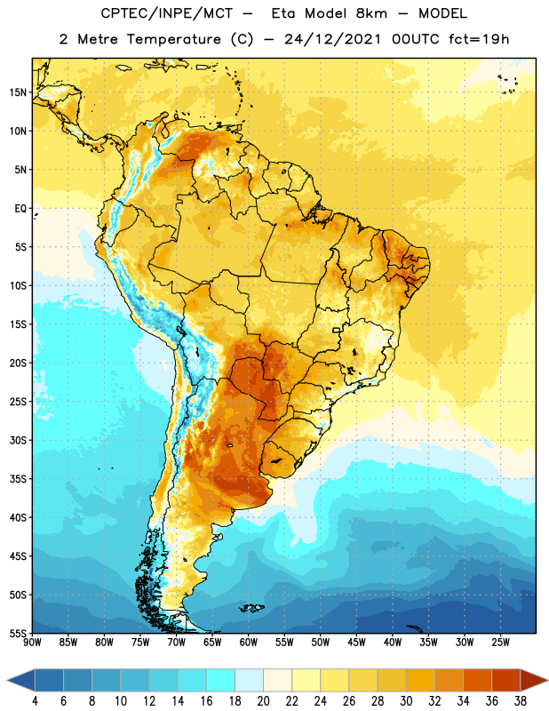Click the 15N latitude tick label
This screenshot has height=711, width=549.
(x=18, y=92)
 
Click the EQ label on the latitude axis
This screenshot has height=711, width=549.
(x=20, y=209)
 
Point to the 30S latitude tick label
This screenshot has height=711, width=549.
(x=18, y=440)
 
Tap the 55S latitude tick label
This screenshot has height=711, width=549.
(x=18, y=633)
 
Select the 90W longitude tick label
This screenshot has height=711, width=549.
(x=32, y=643)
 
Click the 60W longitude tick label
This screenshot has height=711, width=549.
(x=249, y=643)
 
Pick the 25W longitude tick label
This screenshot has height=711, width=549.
(x=500, y=643)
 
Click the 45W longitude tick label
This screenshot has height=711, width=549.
(x=356, y=643)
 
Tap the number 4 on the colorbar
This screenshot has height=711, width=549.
(x=35, y=701)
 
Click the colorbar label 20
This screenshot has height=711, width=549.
(x=263, y=701)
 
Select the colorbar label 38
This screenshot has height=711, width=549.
(x=521, y=701)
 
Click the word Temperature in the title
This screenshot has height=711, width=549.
(x=173, y=39)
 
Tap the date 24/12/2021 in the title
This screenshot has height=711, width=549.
(x=333, y=39)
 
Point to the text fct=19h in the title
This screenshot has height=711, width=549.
(x=479, y=39)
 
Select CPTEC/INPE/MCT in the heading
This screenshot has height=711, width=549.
(x=166, y=13)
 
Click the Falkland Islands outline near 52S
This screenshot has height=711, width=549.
(x=251, y=608)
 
